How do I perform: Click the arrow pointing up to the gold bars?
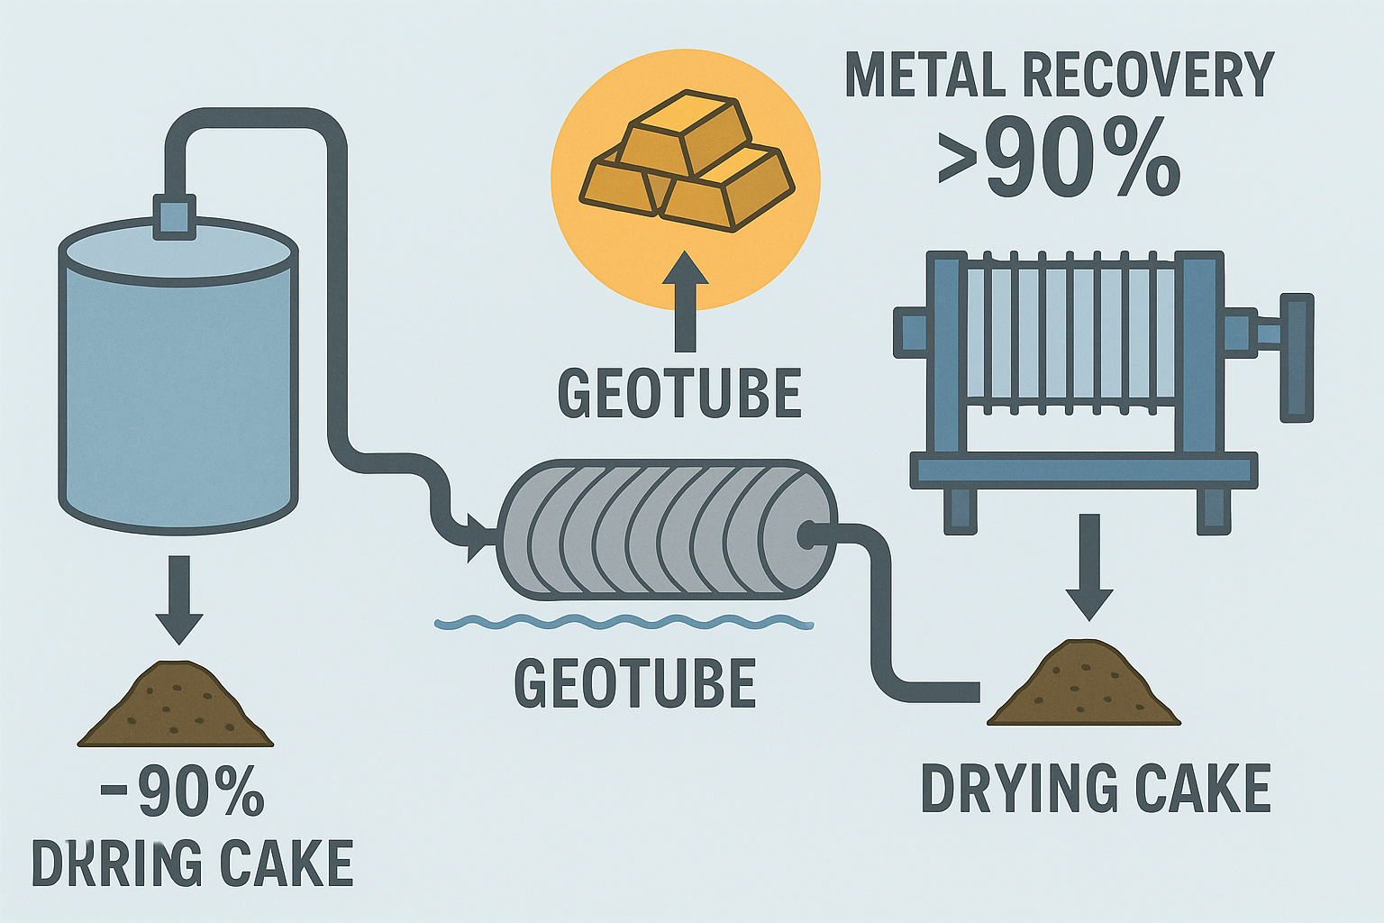[x=686, y=303]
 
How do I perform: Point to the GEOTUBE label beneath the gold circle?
[x=679, y=393]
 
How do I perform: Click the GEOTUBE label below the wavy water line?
[x=634, y=683]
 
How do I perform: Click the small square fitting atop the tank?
[x=174, y=216]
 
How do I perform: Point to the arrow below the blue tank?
[x=179, y=599]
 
